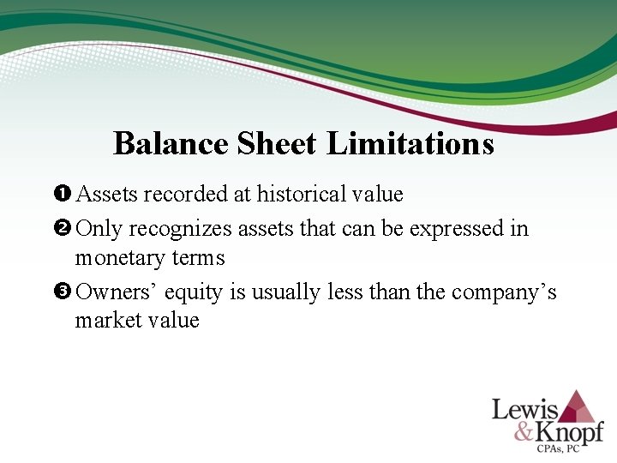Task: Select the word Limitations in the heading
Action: (x=410, y=143)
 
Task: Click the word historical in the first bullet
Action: (x=298, y=195)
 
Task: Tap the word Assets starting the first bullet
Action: (x=107, y=195)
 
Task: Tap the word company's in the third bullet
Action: (x=504, y=292)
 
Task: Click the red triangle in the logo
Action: (x=578, y=406)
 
